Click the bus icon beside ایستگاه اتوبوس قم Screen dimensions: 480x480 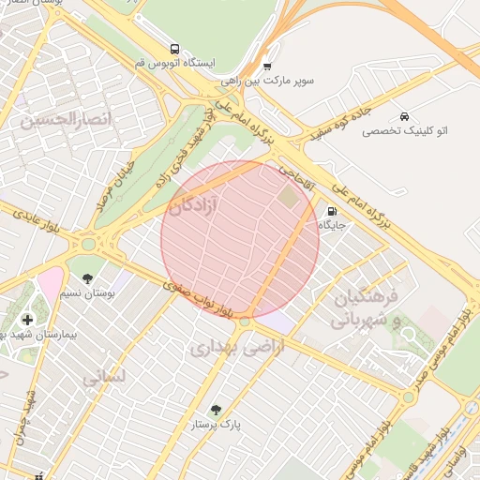174,49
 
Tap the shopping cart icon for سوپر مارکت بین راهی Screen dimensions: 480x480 268,67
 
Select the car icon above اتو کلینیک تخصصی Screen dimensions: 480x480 403,116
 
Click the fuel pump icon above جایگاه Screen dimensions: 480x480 332,211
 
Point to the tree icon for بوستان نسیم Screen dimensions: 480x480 87,278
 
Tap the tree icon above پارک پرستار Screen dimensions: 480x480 217,410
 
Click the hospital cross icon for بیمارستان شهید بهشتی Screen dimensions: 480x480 27,320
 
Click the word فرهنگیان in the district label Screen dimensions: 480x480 367,296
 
